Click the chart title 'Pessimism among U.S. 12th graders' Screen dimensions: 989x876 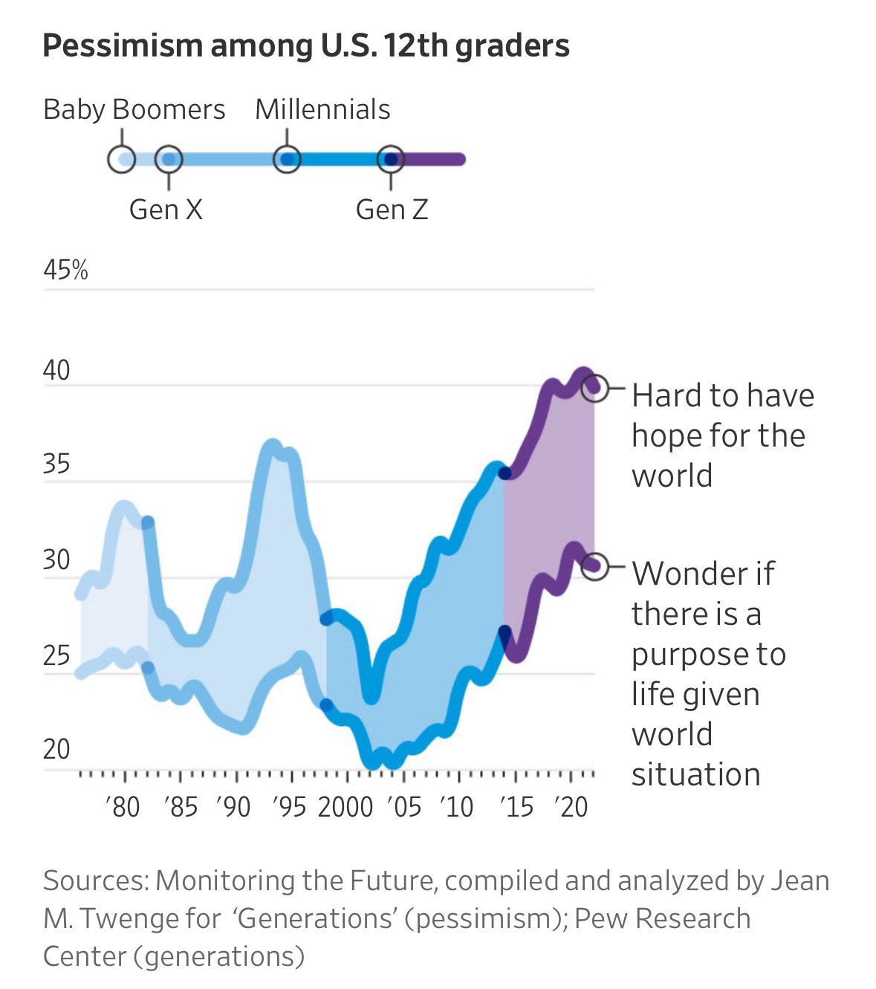[x=305, y=46]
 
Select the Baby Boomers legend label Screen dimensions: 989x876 [x=134, y=110]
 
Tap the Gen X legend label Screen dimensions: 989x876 [x=166, y=210]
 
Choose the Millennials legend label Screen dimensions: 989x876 [x=322, y=110]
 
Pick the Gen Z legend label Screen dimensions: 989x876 [x=392, y=210]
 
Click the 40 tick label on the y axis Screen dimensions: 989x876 [x=56, y=370]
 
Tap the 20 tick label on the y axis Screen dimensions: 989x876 [x=56, y=749]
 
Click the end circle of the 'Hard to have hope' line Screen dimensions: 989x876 [x=594, y=387]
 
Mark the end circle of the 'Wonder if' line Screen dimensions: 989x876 [x=594, y=566]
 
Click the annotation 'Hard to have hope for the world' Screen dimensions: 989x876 [x=721, y=435]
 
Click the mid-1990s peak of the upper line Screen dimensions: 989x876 [x=273, y=447]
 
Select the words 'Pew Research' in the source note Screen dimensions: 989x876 [x=662, y=918]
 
